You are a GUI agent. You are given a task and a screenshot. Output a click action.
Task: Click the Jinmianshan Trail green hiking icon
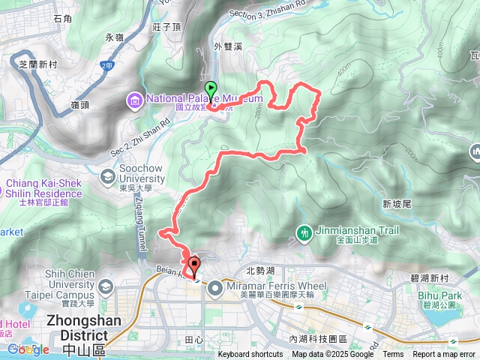pos(304,232)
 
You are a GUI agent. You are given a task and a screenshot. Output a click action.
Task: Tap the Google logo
pos(28,349)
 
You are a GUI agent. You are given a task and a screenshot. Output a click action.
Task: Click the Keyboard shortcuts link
pos(250,355)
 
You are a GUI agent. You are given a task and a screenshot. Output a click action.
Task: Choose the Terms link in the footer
pos(393,355)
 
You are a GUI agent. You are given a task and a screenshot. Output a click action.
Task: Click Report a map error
pos(444,355)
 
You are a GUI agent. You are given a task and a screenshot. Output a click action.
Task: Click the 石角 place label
pos(63,18)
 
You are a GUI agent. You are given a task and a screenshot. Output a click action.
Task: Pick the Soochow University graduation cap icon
pos(107,177)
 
